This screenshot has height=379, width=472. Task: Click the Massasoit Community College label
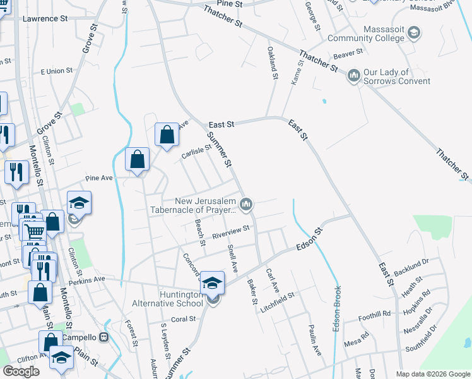pyautogui.click(x=365, y=33)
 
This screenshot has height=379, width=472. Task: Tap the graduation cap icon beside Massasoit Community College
pyautogui.click(x=414, y=32)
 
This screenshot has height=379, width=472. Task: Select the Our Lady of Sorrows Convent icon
pyautogui.click(x=353, y=76)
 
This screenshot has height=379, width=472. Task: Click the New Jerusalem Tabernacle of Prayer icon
pyautogui.click(x=247, y=204)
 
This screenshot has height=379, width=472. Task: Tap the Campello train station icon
pyautogui.click(x=103, y=337)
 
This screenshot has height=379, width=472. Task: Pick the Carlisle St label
pyautogui.click(x=196, y=152)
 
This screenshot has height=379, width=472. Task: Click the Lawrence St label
pyautogui.click(x=45, y=19)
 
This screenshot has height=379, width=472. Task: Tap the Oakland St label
pyautogui.click(x=273, y=63)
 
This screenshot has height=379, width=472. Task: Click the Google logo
pyautogui.click(x=21, y=371)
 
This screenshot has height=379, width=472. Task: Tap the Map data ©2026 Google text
pyautogui.click(x=432, y=374)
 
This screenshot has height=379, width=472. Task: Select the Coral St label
pyautogui.click(x=184, y=319)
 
